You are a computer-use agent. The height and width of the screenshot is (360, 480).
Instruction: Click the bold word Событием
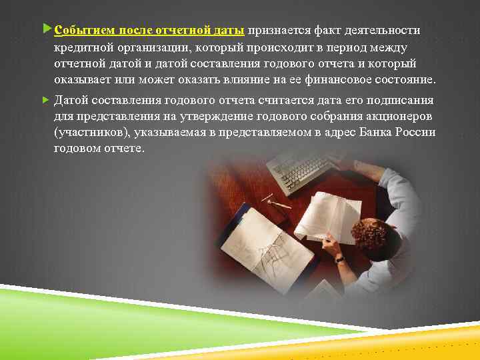(83, 31)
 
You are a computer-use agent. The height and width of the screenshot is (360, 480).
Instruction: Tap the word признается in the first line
(278, 31)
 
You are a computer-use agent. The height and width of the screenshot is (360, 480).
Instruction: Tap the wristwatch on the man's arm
(339, 258)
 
